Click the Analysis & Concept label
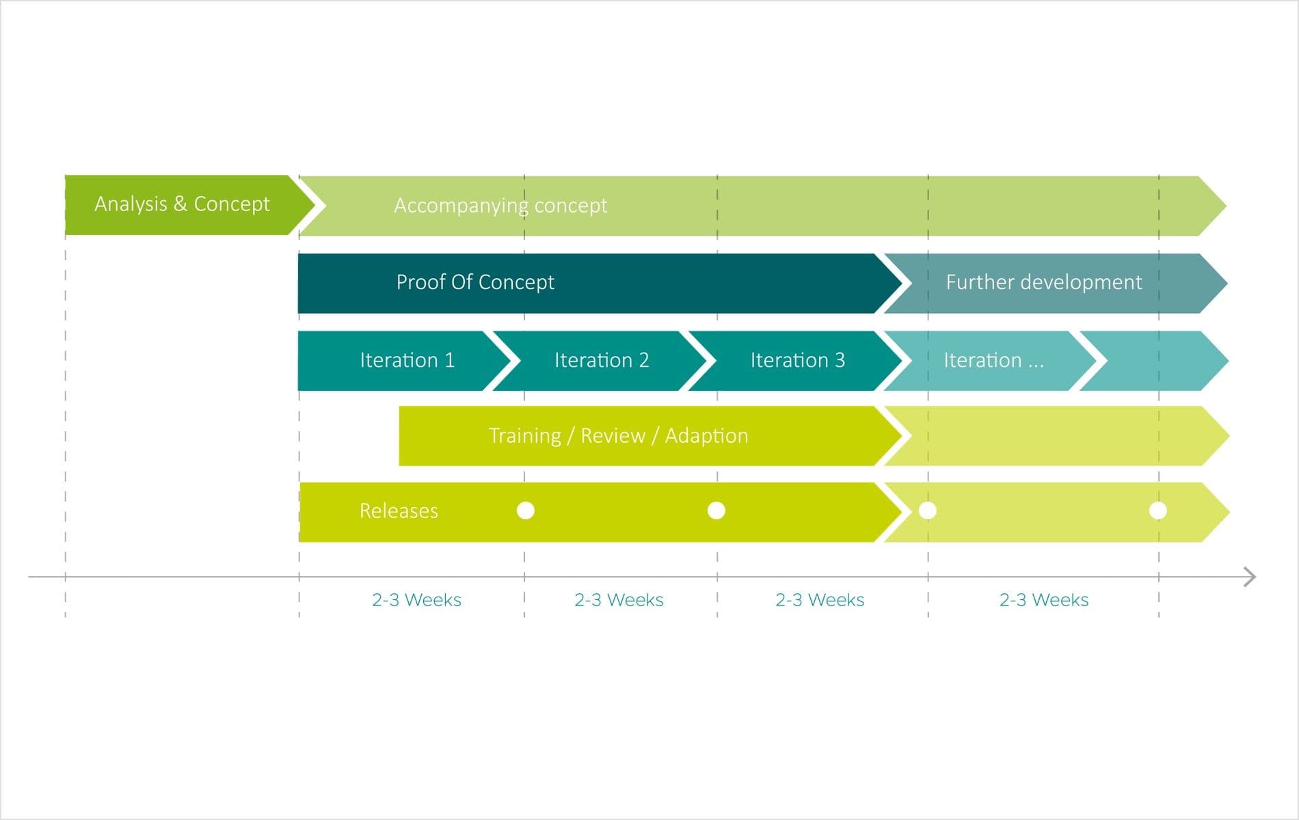(x=182, y=204)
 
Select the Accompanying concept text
(x=500, y=206)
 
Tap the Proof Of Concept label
(x=475, y=282)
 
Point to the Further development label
(x=1043, y=282)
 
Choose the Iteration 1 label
(x=407, y=360)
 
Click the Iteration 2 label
(x=601, y=360)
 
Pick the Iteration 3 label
(x=797, y=360)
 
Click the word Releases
(x=399, y=511)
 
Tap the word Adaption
(x=706, y=436)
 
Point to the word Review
(x=613, y=436)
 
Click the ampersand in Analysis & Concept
(x=180, y=204)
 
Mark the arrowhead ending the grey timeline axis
(x=1250, y=577)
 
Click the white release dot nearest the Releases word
(x=526, y=510)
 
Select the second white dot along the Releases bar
(x=717, y=510)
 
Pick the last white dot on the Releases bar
(x=1158, y=510)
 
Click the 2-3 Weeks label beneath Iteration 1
(x=416, y=600)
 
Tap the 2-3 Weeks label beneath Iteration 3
(x=819, y=600)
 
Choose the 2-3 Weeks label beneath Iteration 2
(x=619, y=600)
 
